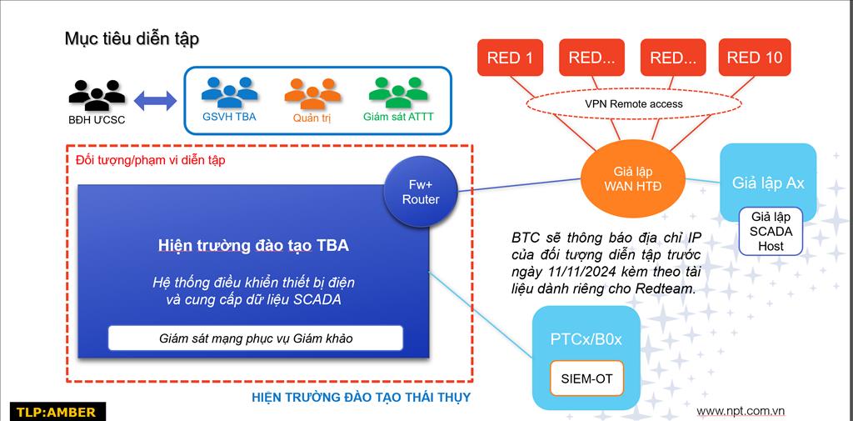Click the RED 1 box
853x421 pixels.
pyautogui.click(x=510, y=58)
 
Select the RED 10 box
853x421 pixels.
pyautogui.click(x=755, y=58)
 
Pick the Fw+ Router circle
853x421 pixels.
pyautogui.click(x=420, y=192)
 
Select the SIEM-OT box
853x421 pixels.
pyautogui.click(x=586, y=378)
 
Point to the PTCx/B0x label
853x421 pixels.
pyautogui.click(x=586, y=340)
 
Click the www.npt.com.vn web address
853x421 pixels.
pyautogui.click(x=741, y=411)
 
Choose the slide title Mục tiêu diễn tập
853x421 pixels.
pyautogui.click(x=132, y=39)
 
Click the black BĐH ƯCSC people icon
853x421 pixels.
pyautogui.click(x=97, y=94)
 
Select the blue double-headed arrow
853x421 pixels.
pyautogui.click(x=155, y=101)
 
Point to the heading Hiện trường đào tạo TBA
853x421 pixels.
pyautogui.click(x=253, y=245)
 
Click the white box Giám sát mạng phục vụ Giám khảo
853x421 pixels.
pyautogui.click(x=255, y=338)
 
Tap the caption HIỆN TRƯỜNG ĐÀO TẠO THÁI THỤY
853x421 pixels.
pyautogui.click(x=361, y=398)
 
